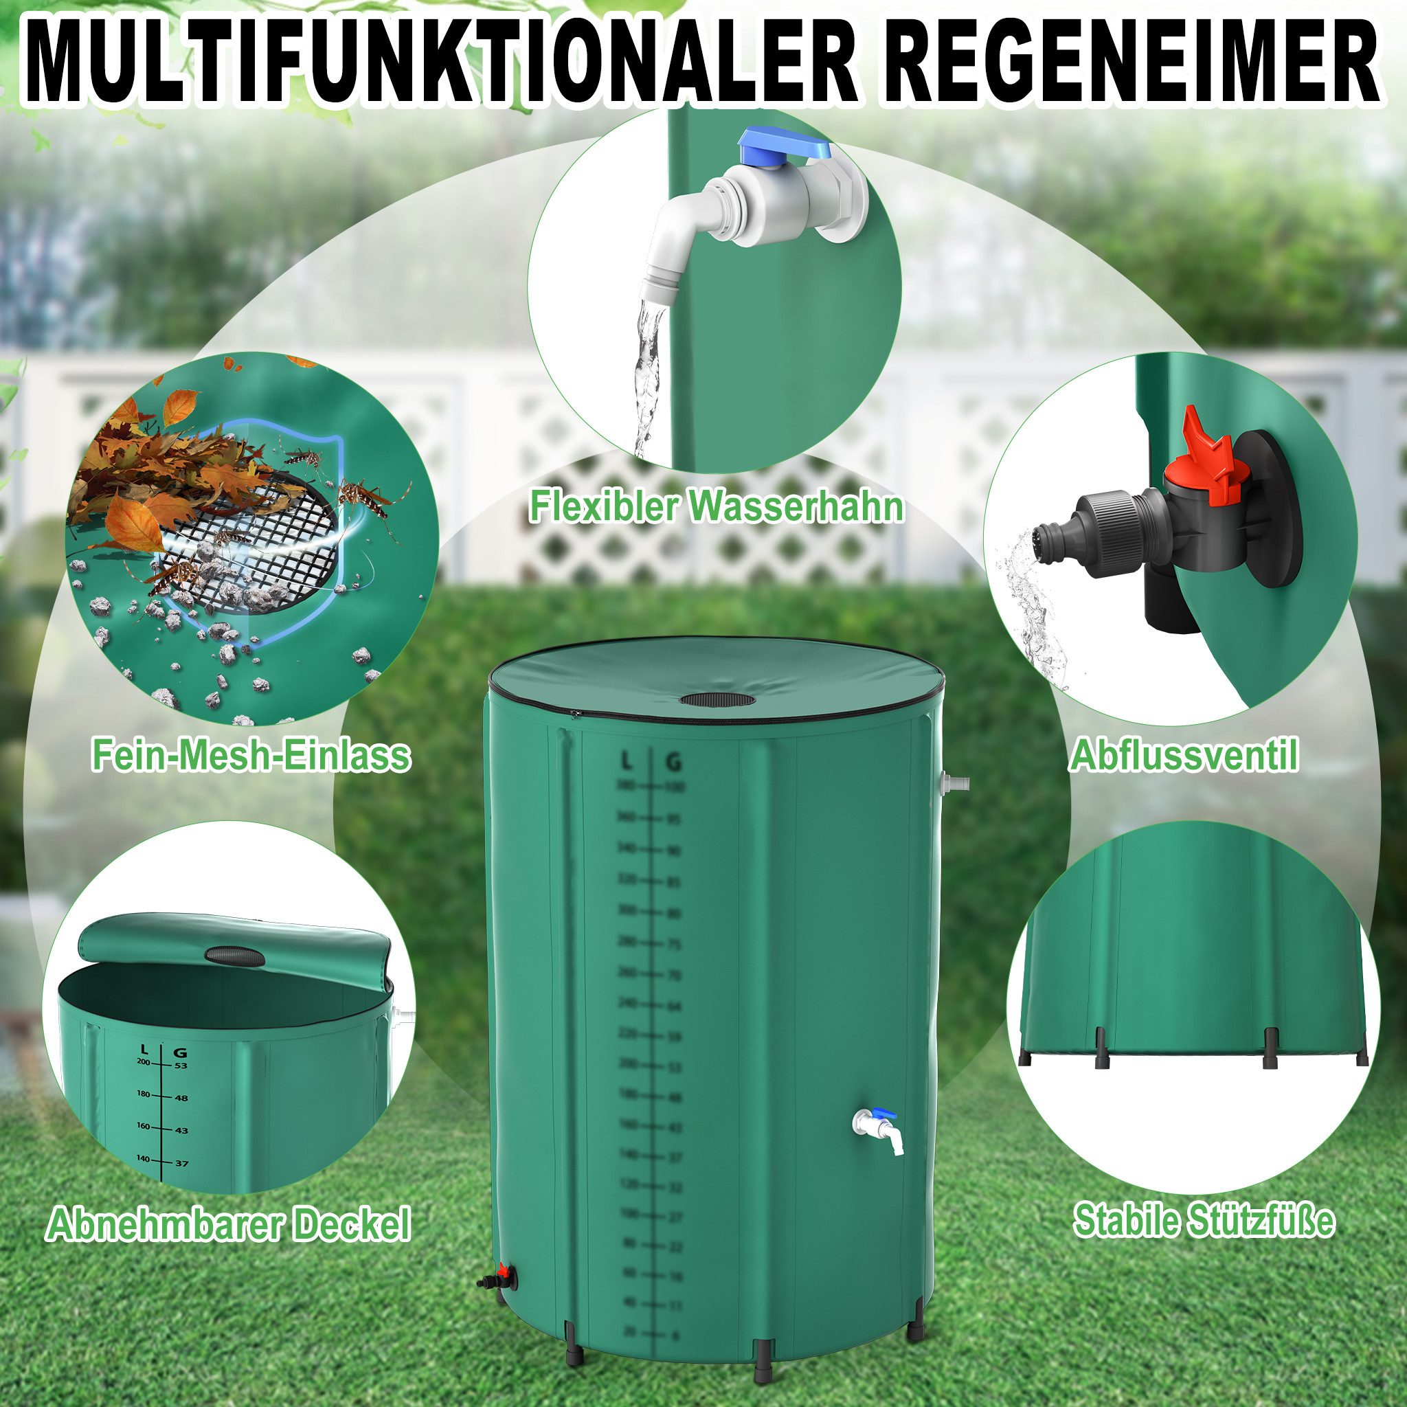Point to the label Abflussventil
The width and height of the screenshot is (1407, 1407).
(x=1184, y=756)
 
